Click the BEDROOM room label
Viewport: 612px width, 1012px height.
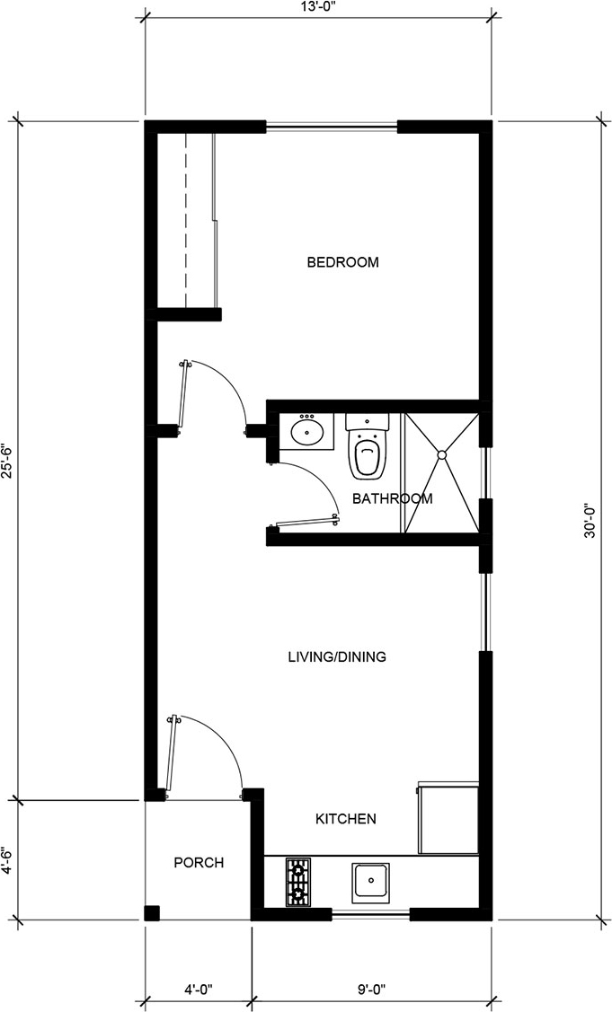[342, 263]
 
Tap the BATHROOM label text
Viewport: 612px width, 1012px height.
[392, 498]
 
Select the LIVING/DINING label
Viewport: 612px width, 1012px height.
[336, 657]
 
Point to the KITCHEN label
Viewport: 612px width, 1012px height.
[345, 819]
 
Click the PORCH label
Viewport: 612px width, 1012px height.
[199, 863]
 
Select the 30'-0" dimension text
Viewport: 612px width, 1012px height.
[590, 521]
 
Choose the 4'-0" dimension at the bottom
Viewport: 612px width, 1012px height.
[199, 990]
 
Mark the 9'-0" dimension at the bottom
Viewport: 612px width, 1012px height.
[371, 990]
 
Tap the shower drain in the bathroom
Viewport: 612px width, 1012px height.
[442, 456]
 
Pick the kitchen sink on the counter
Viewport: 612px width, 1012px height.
[370, 882]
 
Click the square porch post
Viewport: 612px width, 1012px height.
[152, 913]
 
